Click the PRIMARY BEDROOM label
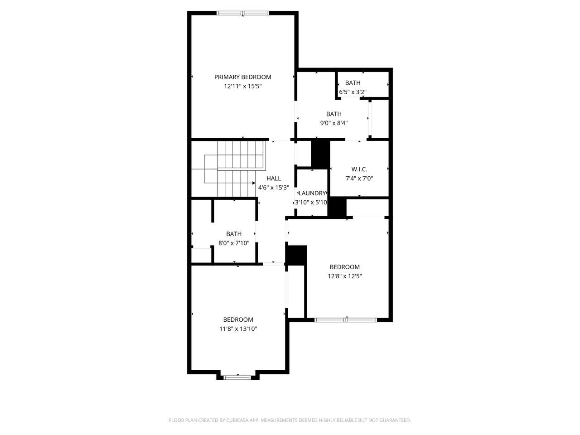click(242, 77)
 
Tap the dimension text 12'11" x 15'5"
click(242, 87)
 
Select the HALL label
click(274, 179)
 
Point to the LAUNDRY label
click(312, 193)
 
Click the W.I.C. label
click(359, 169)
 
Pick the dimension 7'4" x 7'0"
click(359, 179)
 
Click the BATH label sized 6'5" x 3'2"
click(353, 83)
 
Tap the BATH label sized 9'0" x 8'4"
click(334, 114)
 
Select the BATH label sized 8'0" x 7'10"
click(234, 234)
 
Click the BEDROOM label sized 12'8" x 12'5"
click(344, 267)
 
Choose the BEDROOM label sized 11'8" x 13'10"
click(238, 320)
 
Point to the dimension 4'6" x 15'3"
click(274, 188)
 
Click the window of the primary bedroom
click(242, 13)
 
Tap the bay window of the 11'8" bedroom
click(237, 378)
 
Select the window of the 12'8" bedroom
click(345, 320)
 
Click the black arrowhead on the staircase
click(254, 183)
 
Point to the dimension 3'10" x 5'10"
click(311, 203)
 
